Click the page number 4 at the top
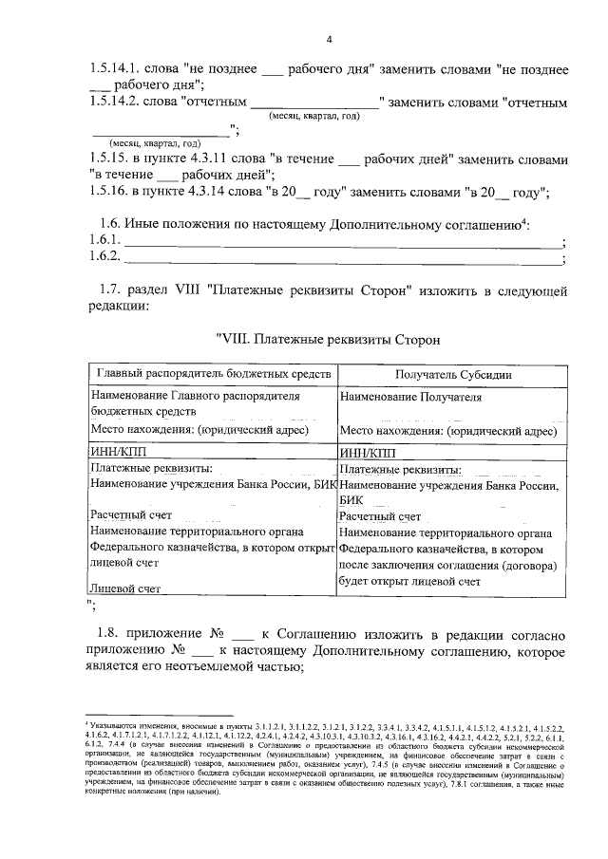[x=329, y=39]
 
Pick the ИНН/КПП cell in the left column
[x=113, y=453]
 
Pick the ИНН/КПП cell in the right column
[x=366, y=453]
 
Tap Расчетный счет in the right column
[x=379, y=516]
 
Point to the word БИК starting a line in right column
[x=351, y=500]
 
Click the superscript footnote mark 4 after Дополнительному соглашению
[x=523, y=221]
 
